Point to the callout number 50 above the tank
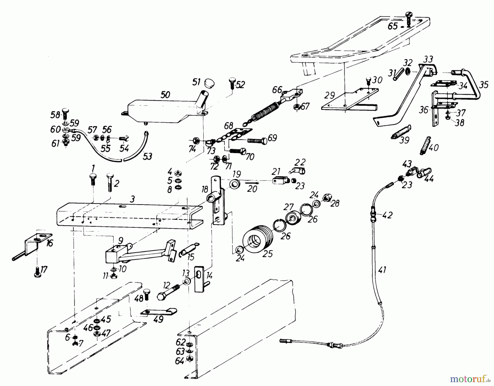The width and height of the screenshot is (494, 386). tap(165, 95)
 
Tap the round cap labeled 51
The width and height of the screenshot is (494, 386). tap(209, 82)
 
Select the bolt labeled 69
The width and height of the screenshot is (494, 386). tap(257, 140)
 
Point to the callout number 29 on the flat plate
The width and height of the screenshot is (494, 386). tap(329, 95)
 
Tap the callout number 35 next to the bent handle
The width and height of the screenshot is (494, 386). tap(484, 85)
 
